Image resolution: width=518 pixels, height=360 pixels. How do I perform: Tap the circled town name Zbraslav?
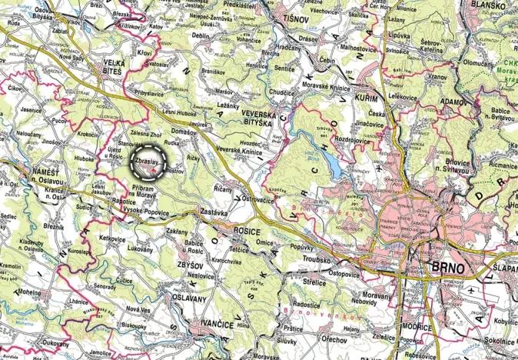point(146,162)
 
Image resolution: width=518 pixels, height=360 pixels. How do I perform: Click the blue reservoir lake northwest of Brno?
point(331,161)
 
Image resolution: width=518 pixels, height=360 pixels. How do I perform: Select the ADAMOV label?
point(453,101)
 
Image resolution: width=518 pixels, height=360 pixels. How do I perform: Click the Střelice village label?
point(316,282)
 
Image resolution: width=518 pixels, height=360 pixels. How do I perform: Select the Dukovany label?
point(55,345)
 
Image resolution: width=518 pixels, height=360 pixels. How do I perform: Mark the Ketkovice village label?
point(112,239)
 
